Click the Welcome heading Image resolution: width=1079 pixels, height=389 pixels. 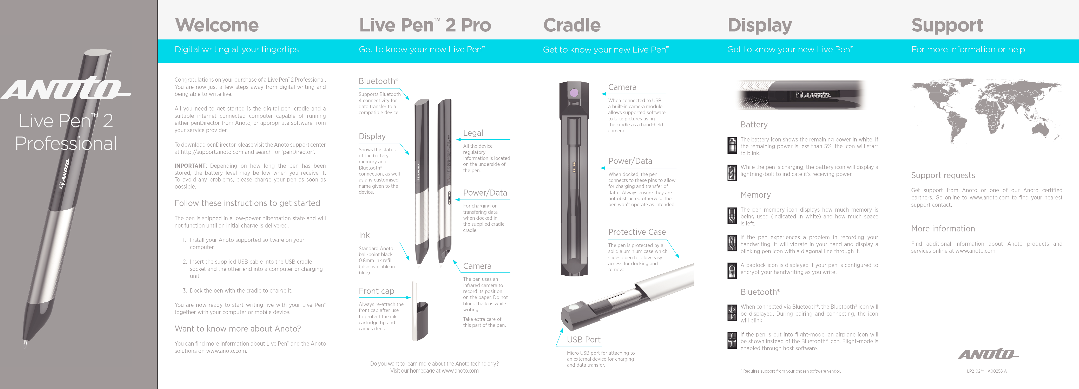tap(216, 25)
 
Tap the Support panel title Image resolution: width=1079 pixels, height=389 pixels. tap(947, 25)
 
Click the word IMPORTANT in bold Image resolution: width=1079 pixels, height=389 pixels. tap(190, 166)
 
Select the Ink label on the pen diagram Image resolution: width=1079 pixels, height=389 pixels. tap(364, 235)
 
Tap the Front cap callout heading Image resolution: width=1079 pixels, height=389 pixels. tap(376, 291)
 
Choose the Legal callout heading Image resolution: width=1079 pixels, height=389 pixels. tap(473, 133)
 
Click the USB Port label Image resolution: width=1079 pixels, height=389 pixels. tap(583, 340)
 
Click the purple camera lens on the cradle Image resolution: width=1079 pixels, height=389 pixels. tap(574, 93)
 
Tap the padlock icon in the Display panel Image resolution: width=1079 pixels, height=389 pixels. tap(732, 271)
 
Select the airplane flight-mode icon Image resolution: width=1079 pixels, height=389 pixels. tap(732, 340)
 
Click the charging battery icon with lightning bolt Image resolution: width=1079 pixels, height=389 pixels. tap(732, 173)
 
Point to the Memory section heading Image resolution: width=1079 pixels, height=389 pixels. tap(755, 195)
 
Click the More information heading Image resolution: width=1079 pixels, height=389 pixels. tap(943, 229)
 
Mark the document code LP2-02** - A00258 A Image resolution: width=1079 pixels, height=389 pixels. tap(986, 371)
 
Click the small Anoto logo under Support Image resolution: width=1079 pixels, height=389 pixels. tap(988, 354)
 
